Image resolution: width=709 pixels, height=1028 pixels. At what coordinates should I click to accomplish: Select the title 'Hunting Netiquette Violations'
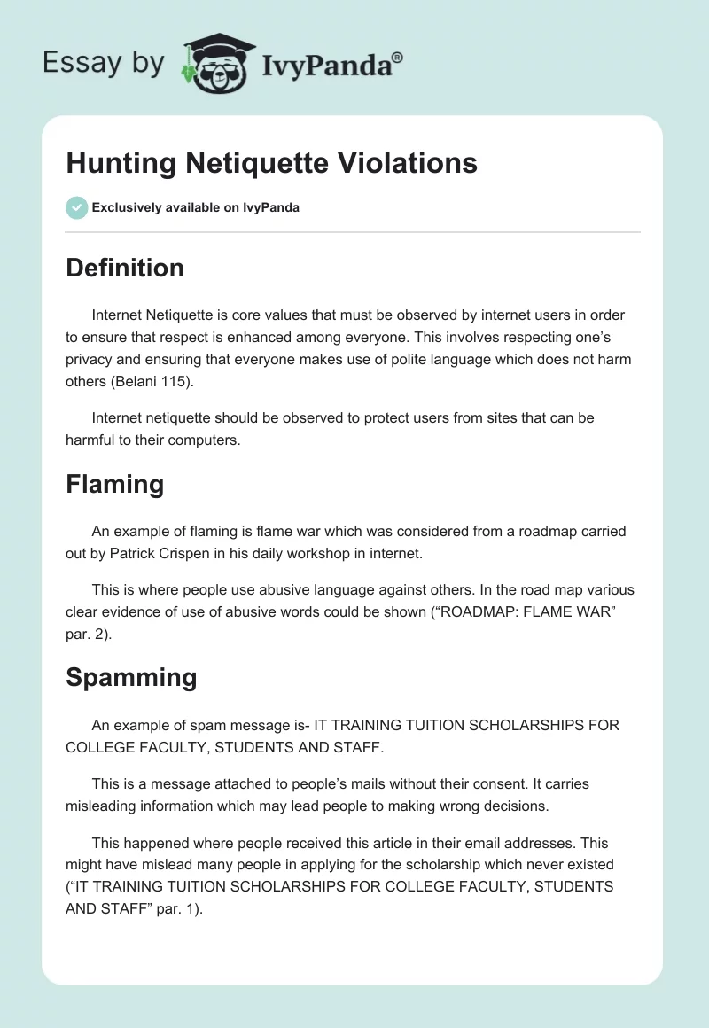click(271, 163)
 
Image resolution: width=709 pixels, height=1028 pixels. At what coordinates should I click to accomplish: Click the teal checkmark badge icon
click(76, 207)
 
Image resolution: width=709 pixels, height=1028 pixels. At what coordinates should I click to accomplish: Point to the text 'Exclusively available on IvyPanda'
click(195, 207)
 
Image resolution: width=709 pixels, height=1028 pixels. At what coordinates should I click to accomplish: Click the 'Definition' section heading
click(125, 268)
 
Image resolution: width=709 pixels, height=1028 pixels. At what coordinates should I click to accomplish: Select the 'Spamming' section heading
click(131, 677)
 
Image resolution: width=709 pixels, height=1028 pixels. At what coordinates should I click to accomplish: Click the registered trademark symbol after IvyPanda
click(398, 57)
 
